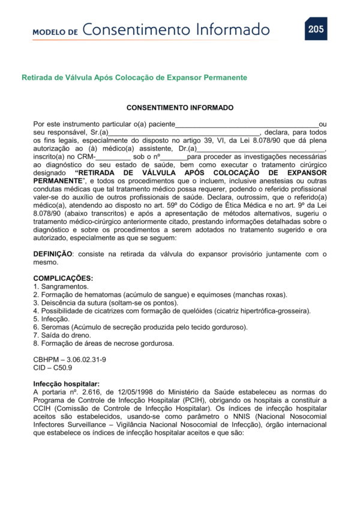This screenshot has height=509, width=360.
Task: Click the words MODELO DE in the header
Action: pyautogui.click(x=55, y=32)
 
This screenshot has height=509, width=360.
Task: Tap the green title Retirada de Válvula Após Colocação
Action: pyautogui.click(x=134, y=78)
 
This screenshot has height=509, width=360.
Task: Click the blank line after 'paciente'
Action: pyautogui.click(x=246, y=124)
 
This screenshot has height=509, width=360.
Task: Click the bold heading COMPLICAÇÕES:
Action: pyautogui.click(x=63, y=279)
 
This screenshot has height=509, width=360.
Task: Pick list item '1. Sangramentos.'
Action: pyautogui.click(x=61, y=286)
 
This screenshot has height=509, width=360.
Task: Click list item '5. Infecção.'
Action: pyautogui.click(x=53, y=319)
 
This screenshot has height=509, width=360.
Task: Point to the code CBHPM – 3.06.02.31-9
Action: pyautogui.click(x=70, y=359)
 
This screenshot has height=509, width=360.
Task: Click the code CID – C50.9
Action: pyautogui.click(x=53, y=367)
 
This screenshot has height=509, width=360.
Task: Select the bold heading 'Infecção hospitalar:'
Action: pyautogui.click(x=66, y=384)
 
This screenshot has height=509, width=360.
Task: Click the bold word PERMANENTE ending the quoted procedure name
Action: pyautogui.click(x=58, y=180)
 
